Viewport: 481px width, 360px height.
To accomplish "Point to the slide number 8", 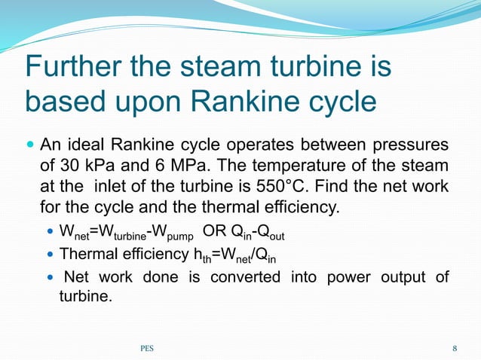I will coord(455,348).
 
